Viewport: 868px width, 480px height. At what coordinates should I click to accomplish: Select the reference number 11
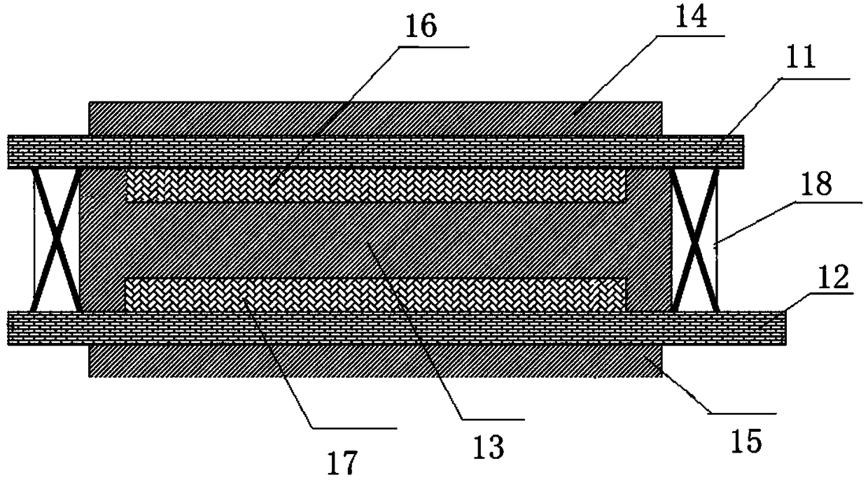[x=801, y=61]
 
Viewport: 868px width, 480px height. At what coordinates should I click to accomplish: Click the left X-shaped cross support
[x=55, y=239]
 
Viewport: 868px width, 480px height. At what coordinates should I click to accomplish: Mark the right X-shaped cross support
[x=694, y=239]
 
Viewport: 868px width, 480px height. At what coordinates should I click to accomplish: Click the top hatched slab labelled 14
[x=374, y=118]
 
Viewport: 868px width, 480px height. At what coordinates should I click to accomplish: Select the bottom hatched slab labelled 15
[x=374, y=361]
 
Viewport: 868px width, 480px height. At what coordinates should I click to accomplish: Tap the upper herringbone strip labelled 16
[x=374, y=185]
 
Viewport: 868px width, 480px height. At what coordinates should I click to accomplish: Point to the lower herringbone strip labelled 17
[x=374, y=295]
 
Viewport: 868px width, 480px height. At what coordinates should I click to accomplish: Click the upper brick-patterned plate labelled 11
[x=374, y=152]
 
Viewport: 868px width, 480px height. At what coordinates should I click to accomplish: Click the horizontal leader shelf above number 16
[x=434, y=47]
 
